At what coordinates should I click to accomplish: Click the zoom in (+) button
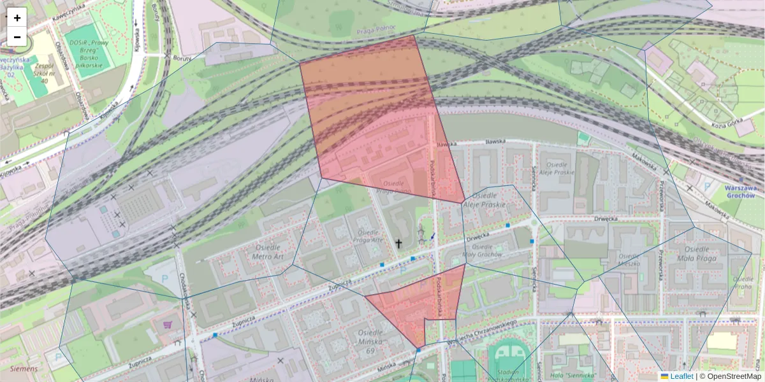tap(17, 17)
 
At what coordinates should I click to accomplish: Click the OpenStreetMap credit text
tap(734, 376)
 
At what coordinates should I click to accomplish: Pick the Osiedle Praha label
tap(743, 282)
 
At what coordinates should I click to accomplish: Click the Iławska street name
tap(495, 142)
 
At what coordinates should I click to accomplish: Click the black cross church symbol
tap(399, 243)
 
